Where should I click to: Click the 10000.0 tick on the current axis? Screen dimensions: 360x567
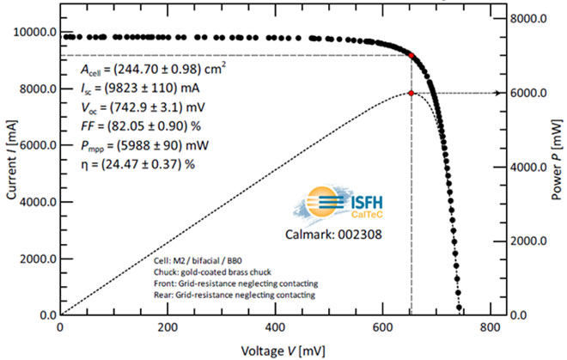coord(33,33)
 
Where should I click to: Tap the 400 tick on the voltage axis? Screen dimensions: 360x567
coord(276,330)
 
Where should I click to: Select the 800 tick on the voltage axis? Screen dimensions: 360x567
coord(491,330)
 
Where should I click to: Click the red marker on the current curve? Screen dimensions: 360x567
coord(412,56)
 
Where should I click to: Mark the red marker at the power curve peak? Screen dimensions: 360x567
coord(412,93)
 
